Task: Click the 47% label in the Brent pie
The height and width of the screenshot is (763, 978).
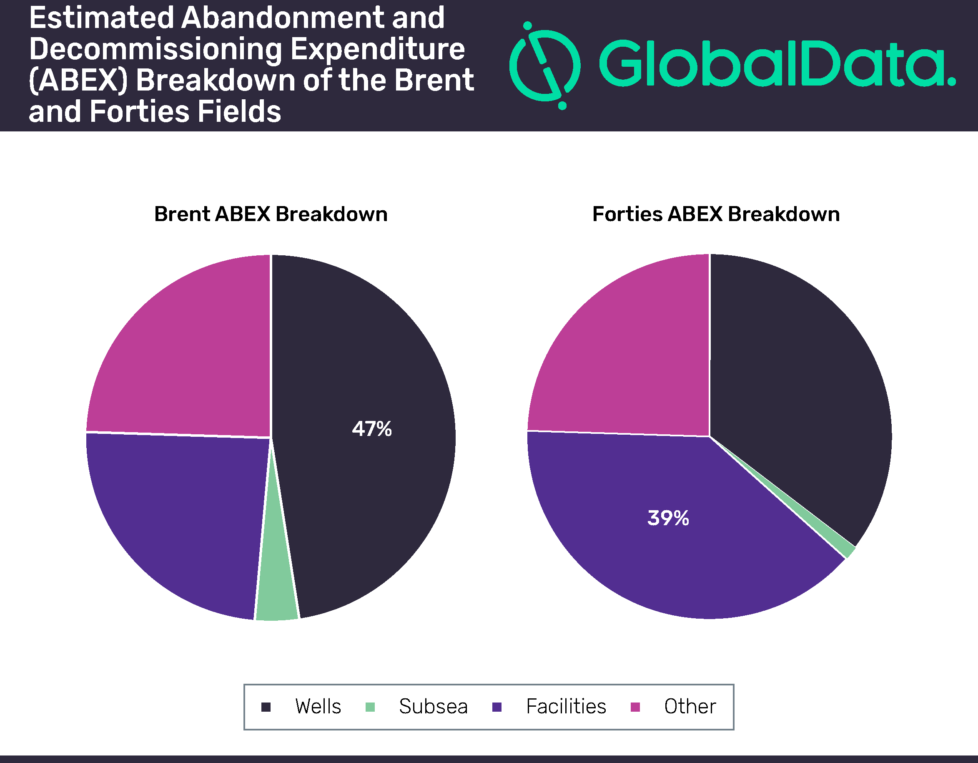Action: click(372, 429)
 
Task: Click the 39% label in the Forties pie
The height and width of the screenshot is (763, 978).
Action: click(668, 518)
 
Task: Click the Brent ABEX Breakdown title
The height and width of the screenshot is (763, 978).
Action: click(271, 214)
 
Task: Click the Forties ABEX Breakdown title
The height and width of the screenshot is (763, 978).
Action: click(716, 214)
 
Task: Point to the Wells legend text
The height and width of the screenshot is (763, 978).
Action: click(318, 707)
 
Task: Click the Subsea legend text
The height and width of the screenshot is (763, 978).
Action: click(433, 707)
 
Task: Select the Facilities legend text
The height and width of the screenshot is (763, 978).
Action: click(566, 707)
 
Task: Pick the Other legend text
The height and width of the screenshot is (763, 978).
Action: click(690, 707)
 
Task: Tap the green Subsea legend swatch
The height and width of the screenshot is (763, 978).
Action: click(370, 707)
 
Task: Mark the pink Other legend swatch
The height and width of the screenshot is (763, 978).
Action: click(635, 707)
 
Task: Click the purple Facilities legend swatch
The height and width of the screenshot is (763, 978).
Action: click(497, 707)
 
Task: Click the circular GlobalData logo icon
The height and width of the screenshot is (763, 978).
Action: click(545, 66)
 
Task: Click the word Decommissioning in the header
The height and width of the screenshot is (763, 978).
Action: click(156, 49)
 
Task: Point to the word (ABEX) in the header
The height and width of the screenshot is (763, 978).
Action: click(78, 81)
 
